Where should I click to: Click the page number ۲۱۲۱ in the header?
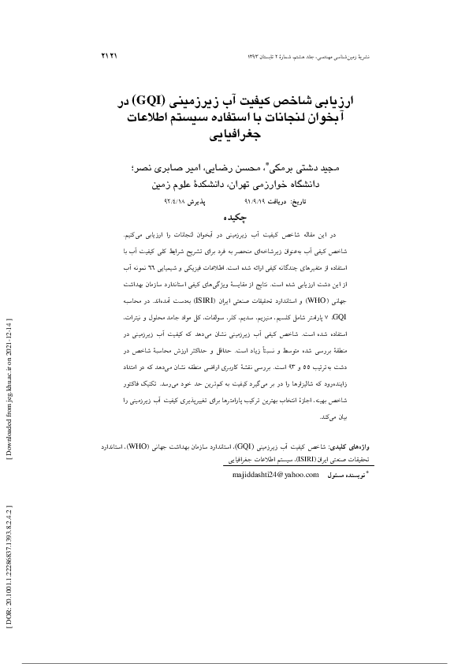click(x=110, y=57)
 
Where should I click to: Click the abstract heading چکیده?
click(x=235, y=217)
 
